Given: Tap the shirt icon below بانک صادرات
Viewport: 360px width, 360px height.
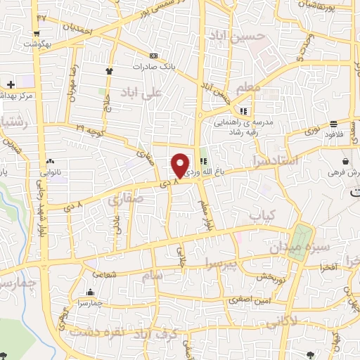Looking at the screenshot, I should coord(109,71).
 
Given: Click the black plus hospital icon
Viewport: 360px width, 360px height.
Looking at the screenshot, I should coord(11,84).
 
